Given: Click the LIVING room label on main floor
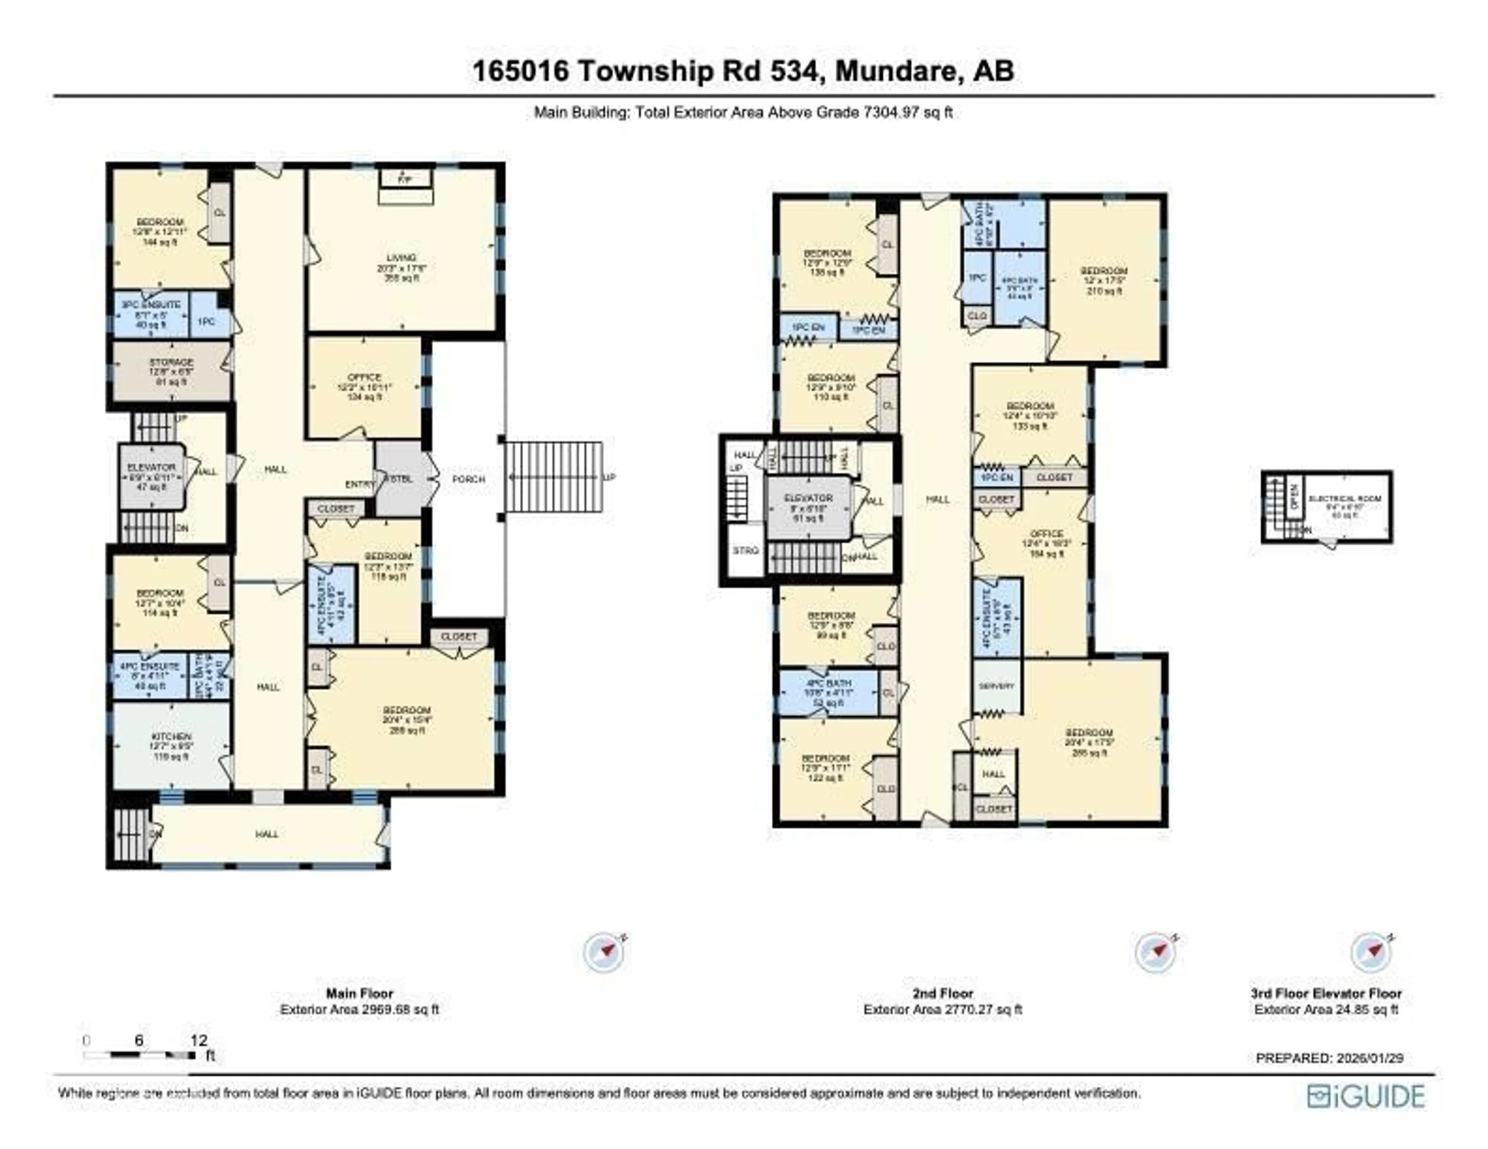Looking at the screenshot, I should pos(401,258).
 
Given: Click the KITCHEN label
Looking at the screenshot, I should pos(171,737).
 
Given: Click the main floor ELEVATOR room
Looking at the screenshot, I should pos(151,477).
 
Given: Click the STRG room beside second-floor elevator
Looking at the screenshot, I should pos(746,550).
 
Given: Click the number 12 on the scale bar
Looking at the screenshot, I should pos(198,1040).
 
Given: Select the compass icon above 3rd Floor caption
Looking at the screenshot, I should pos(1371,952).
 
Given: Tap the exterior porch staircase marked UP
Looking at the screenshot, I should pos(553,477).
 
